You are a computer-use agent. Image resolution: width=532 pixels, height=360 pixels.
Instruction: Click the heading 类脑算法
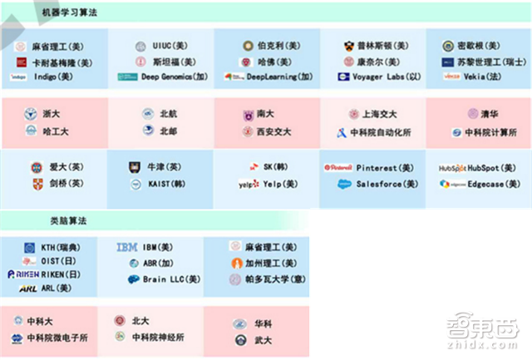70,221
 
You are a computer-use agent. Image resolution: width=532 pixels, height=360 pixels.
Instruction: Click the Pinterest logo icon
338,168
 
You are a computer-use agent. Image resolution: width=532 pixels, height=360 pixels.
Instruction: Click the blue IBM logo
127,247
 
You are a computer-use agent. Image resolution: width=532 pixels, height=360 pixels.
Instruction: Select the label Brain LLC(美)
175,279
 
